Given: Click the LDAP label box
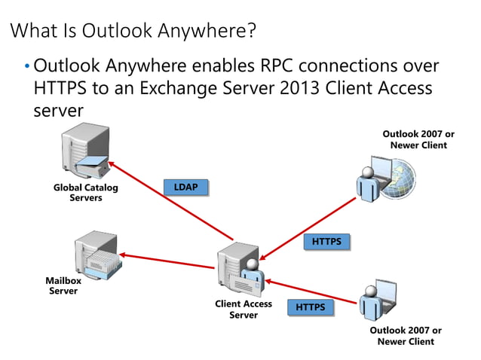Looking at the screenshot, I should [x=185, y=187].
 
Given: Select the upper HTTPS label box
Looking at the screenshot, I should [x=327, y=242].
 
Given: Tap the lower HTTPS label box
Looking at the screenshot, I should [x=310, y=307].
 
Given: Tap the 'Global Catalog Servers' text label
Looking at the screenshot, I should [x=85, y=193].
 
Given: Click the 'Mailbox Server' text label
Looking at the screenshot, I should [x=63, y=285].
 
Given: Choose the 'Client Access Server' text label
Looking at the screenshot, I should [x=244, y=310].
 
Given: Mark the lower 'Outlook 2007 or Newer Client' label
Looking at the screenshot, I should [x=406, y=336].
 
